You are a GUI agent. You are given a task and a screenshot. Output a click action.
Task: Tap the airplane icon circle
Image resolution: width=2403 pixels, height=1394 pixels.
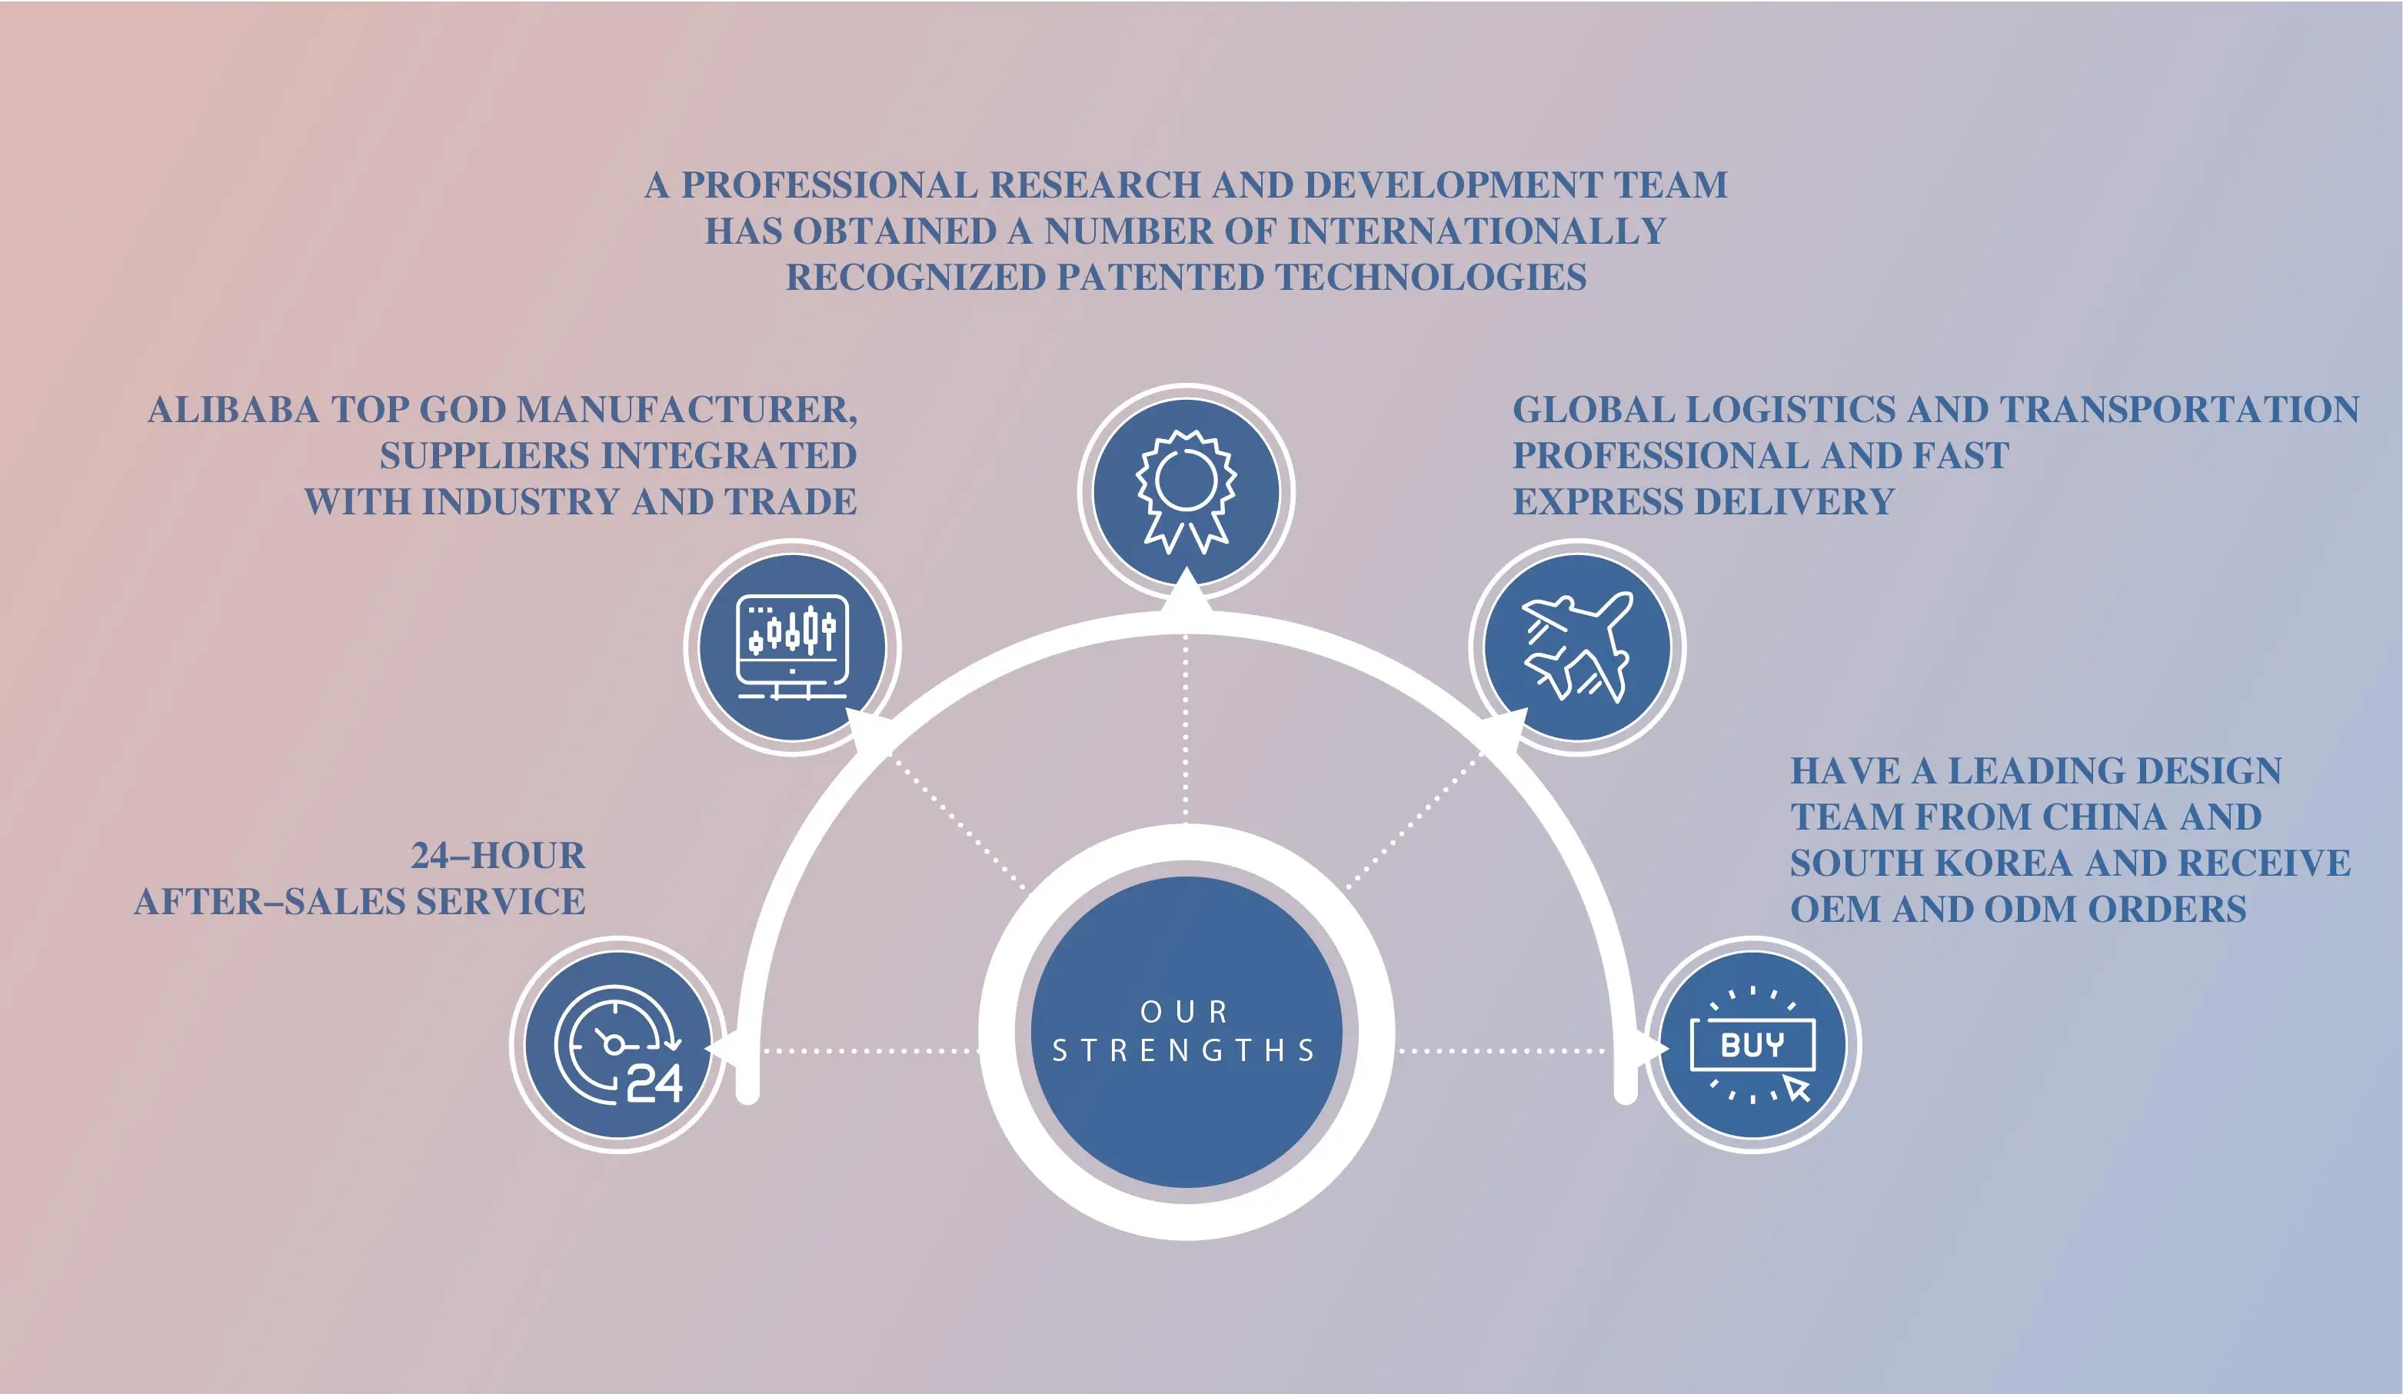(x=1576, y=647)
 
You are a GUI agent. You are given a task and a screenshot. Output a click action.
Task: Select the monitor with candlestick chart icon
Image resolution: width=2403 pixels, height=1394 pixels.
(x=793, y=647)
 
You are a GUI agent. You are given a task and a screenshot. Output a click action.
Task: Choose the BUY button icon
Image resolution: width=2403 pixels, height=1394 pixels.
(x=1752, y=1045)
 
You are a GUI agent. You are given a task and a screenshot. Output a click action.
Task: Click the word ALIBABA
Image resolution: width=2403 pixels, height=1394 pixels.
(x=233, y=410)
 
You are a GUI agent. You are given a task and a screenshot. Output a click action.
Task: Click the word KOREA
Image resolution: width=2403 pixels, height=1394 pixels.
(x=2014, y=863)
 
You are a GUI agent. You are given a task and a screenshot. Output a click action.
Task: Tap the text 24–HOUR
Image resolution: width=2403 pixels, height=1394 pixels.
(x=498, y=857)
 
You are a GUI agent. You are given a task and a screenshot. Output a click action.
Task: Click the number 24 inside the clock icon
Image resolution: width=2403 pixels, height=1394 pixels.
(x=654, y=1083)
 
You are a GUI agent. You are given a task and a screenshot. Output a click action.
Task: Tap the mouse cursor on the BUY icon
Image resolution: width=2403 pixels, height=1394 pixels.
(x=1798, y=1088)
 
